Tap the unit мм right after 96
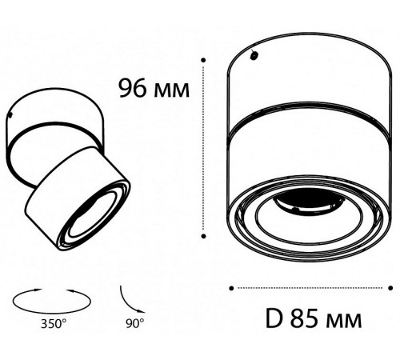tap(172, 87)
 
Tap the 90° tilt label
tap(134, 323)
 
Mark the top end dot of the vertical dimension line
tap(207, 59)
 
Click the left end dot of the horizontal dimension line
tap(231, 286)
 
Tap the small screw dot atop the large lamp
tap(254, 56)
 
